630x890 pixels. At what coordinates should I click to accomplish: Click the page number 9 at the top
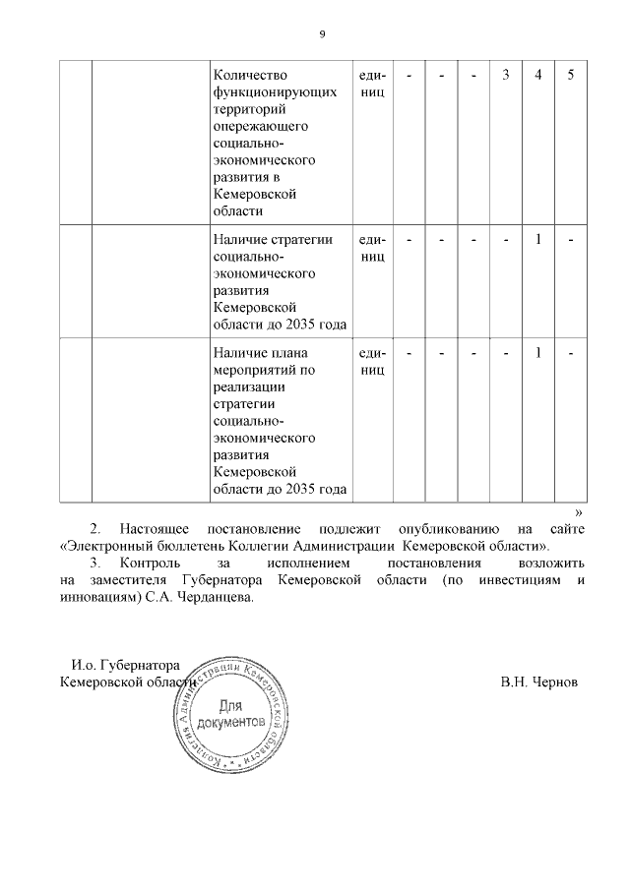(321, 34)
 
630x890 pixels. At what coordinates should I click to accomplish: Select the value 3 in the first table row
(505, 76)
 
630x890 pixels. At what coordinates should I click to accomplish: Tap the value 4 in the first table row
(538, 76)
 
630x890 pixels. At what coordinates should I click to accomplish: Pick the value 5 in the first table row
(571, 76)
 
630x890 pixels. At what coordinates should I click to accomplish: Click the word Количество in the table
(250, 76)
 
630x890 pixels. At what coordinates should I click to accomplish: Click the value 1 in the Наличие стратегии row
(538, 239)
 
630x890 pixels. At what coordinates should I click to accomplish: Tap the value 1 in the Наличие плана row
(538, 353)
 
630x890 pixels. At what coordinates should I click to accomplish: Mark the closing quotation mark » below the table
(579, 511)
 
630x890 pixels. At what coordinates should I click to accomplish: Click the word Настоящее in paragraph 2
(155, 530)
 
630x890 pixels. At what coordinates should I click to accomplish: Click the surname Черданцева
(212, 597)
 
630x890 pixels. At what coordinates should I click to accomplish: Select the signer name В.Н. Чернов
(539, 682)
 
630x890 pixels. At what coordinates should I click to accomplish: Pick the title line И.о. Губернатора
(126, 665)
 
